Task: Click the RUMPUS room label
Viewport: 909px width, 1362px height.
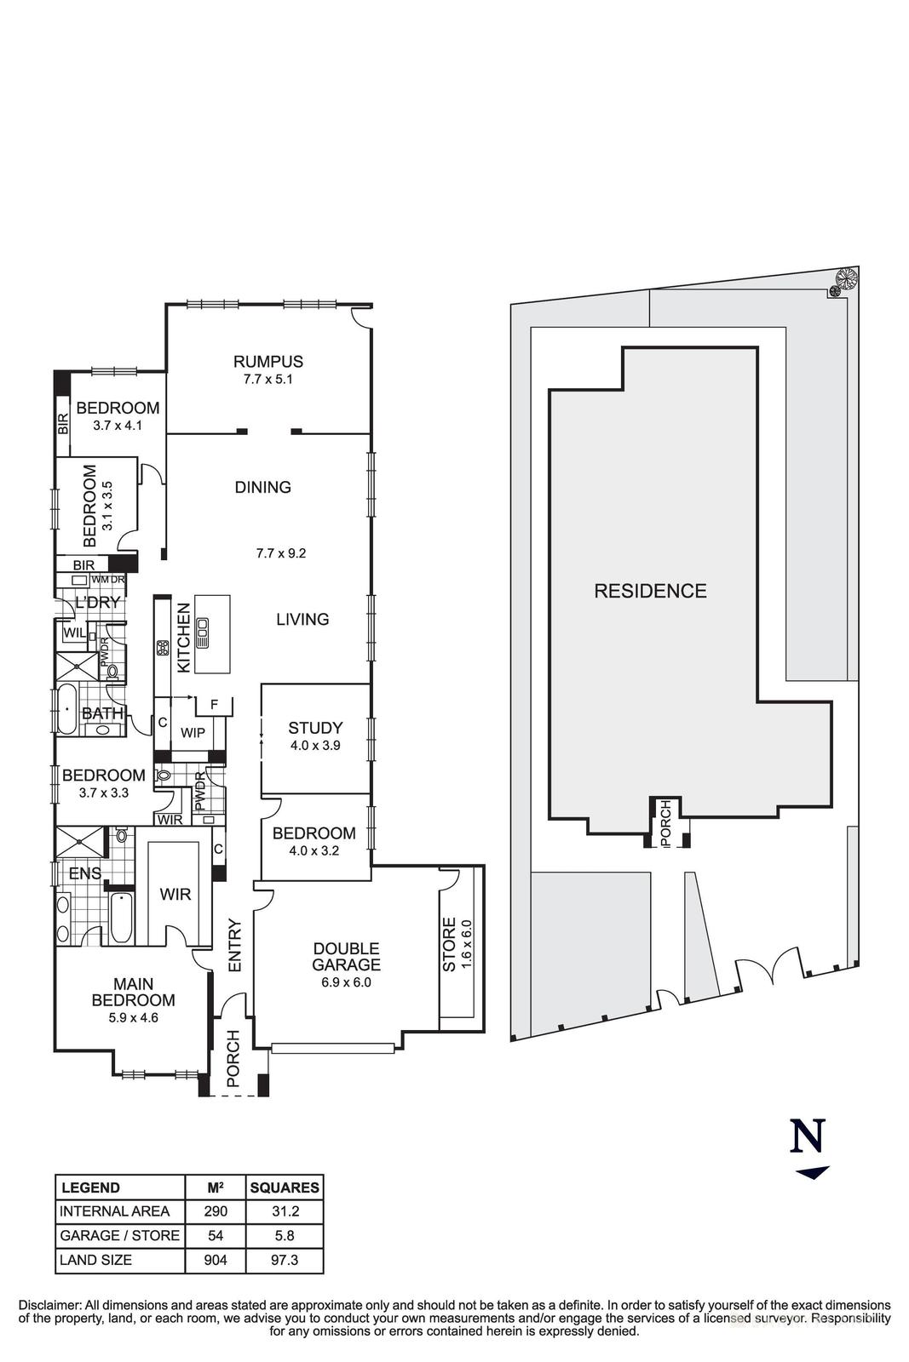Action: pos(268,362)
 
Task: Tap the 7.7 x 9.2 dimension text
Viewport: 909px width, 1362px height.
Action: pos(281,553)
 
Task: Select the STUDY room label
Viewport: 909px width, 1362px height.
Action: pos(315,728)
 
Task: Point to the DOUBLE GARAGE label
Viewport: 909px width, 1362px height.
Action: pos(346,957)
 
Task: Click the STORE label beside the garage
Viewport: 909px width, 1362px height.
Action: pos(450,945)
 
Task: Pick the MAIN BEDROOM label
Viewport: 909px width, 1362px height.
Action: pos(134,993)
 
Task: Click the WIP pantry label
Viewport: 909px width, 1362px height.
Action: pos(193,732)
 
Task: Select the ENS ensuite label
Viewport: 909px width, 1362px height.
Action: pos(85,873)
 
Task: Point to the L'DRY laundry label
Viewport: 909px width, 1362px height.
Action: pos(98,603)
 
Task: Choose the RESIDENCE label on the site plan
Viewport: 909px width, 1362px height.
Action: pos(650,591)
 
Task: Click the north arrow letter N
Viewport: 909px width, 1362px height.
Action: pos(808,1136)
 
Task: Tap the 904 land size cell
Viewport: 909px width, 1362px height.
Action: pos(216,1260)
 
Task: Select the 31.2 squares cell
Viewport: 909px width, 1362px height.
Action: pos(284,1211)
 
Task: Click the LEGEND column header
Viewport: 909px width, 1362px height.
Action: pos(91,1187)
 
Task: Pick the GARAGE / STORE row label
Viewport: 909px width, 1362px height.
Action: pos(119,1235)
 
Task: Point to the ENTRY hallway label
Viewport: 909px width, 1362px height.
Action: pos(236,946)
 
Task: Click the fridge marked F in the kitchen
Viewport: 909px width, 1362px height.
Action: pos(214,705)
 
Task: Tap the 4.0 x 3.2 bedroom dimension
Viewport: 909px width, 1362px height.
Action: pos(314,850)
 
